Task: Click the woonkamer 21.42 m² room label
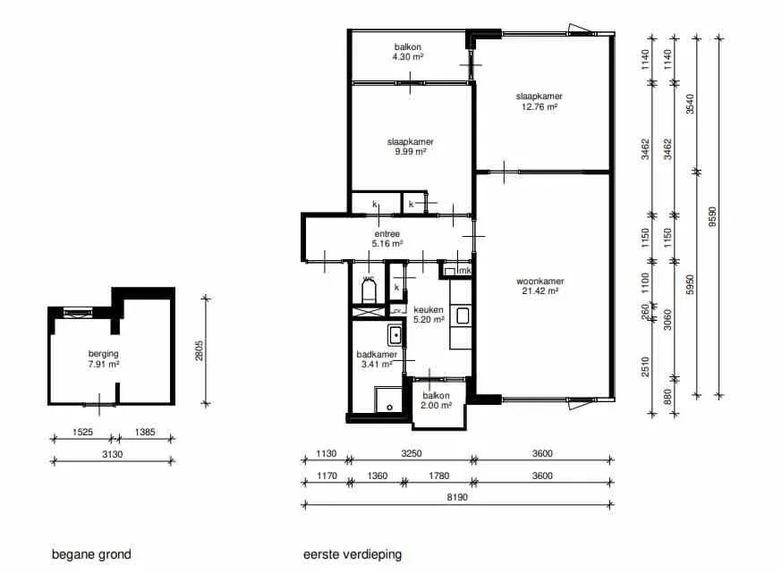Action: click(540, 286)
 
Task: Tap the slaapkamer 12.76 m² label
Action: click(540, 101)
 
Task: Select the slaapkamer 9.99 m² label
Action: click(411, 147)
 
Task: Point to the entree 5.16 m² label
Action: click(387, 239)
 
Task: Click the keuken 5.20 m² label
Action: click(429, 315)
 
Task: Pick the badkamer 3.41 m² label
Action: click(377, 359)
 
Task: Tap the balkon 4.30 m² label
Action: click(408, 52)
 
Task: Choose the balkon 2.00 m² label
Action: click(436, 400)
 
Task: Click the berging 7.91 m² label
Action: click(104, 358)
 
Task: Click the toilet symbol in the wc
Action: click(369, 291)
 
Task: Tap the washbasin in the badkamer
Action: click(395, 335)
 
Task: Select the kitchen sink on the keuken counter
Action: click(463, 315)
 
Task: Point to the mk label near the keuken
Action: click(464, 271)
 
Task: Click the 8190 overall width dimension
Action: click(457, 497)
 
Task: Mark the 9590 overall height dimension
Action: click(712, 217)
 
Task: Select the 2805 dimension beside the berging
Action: click(199, 350)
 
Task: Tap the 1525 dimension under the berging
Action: click(83, 432)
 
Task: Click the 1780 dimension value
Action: click(439, 475)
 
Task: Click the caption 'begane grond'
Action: click(92, 554)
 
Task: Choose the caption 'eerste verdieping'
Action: click(353, 554)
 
